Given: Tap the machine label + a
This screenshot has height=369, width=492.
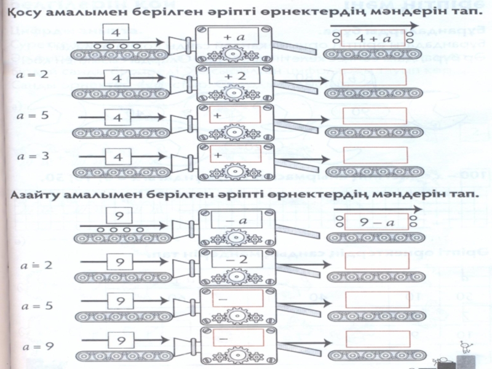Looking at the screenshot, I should pyautogui.click(x=234, y=38).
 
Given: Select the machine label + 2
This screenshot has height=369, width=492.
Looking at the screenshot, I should pyautogui.click(x=234, y=76).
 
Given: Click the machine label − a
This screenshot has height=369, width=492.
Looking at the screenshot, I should pyautogui.click(x=234, y=220).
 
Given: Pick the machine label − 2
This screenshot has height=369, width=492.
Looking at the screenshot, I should pyautogui.click(x=234, y=261).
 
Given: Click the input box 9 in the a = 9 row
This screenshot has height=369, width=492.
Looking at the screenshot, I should pyautogui.click(x=121, y=340).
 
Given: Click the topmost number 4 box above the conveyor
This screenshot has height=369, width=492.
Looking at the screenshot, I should pyautogui.click(x=116, y=27).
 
